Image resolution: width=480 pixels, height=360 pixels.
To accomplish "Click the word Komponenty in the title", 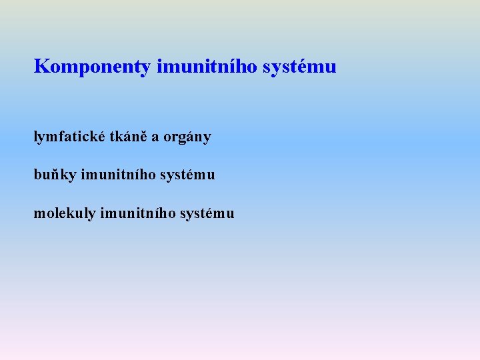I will tap(92, 67).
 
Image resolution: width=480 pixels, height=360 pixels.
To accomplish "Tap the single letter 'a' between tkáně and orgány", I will tap(155, 137).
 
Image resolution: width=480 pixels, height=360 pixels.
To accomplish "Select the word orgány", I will tap(187, 137).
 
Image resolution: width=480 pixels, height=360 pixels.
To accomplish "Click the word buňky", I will tap(55, 175).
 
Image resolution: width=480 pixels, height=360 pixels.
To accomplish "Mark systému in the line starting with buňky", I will tap(187, 175).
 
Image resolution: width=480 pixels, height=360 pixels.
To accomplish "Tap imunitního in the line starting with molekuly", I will tap(138, 213).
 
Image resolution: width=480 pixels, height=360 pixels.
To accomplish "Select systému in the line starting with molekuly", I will tap(207, 213).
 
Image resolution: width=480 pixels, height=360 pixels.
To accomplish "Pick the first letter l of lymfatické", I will tap(36, 137).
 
